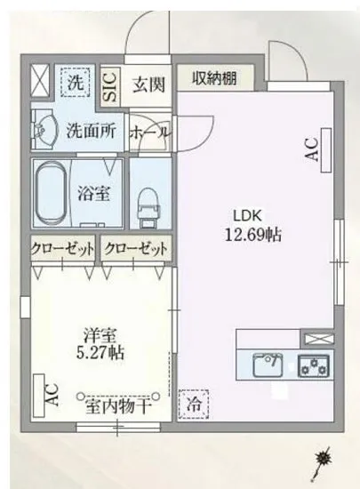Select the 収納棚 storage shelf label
coord(215,78)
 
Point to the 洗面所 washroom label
coord(92,130)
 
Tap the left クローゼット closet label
coord(63,248)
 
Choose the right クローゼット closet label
coord(134,248)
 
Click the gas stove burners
coord(313,365)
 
